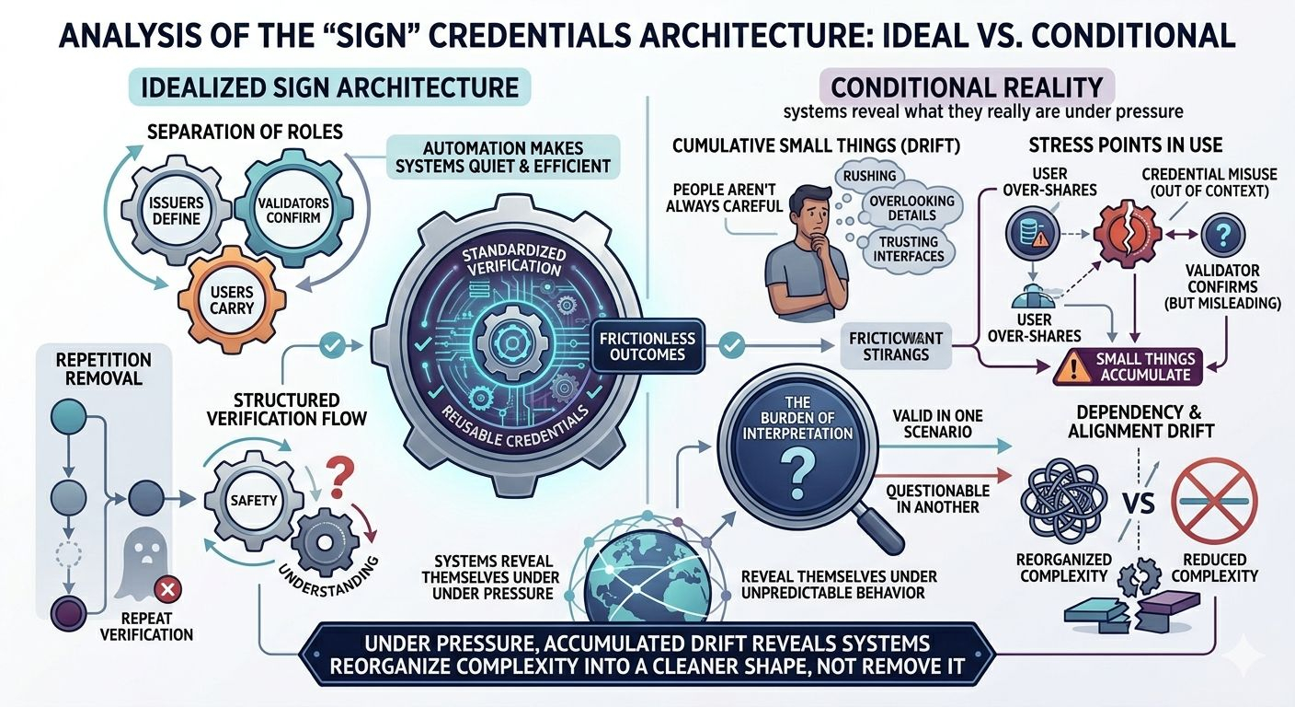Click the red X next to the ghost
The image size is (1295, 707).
169,590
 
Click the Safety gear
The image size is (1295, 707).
255,500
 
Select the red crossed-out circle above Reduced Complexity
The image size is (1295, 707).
1214,502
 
